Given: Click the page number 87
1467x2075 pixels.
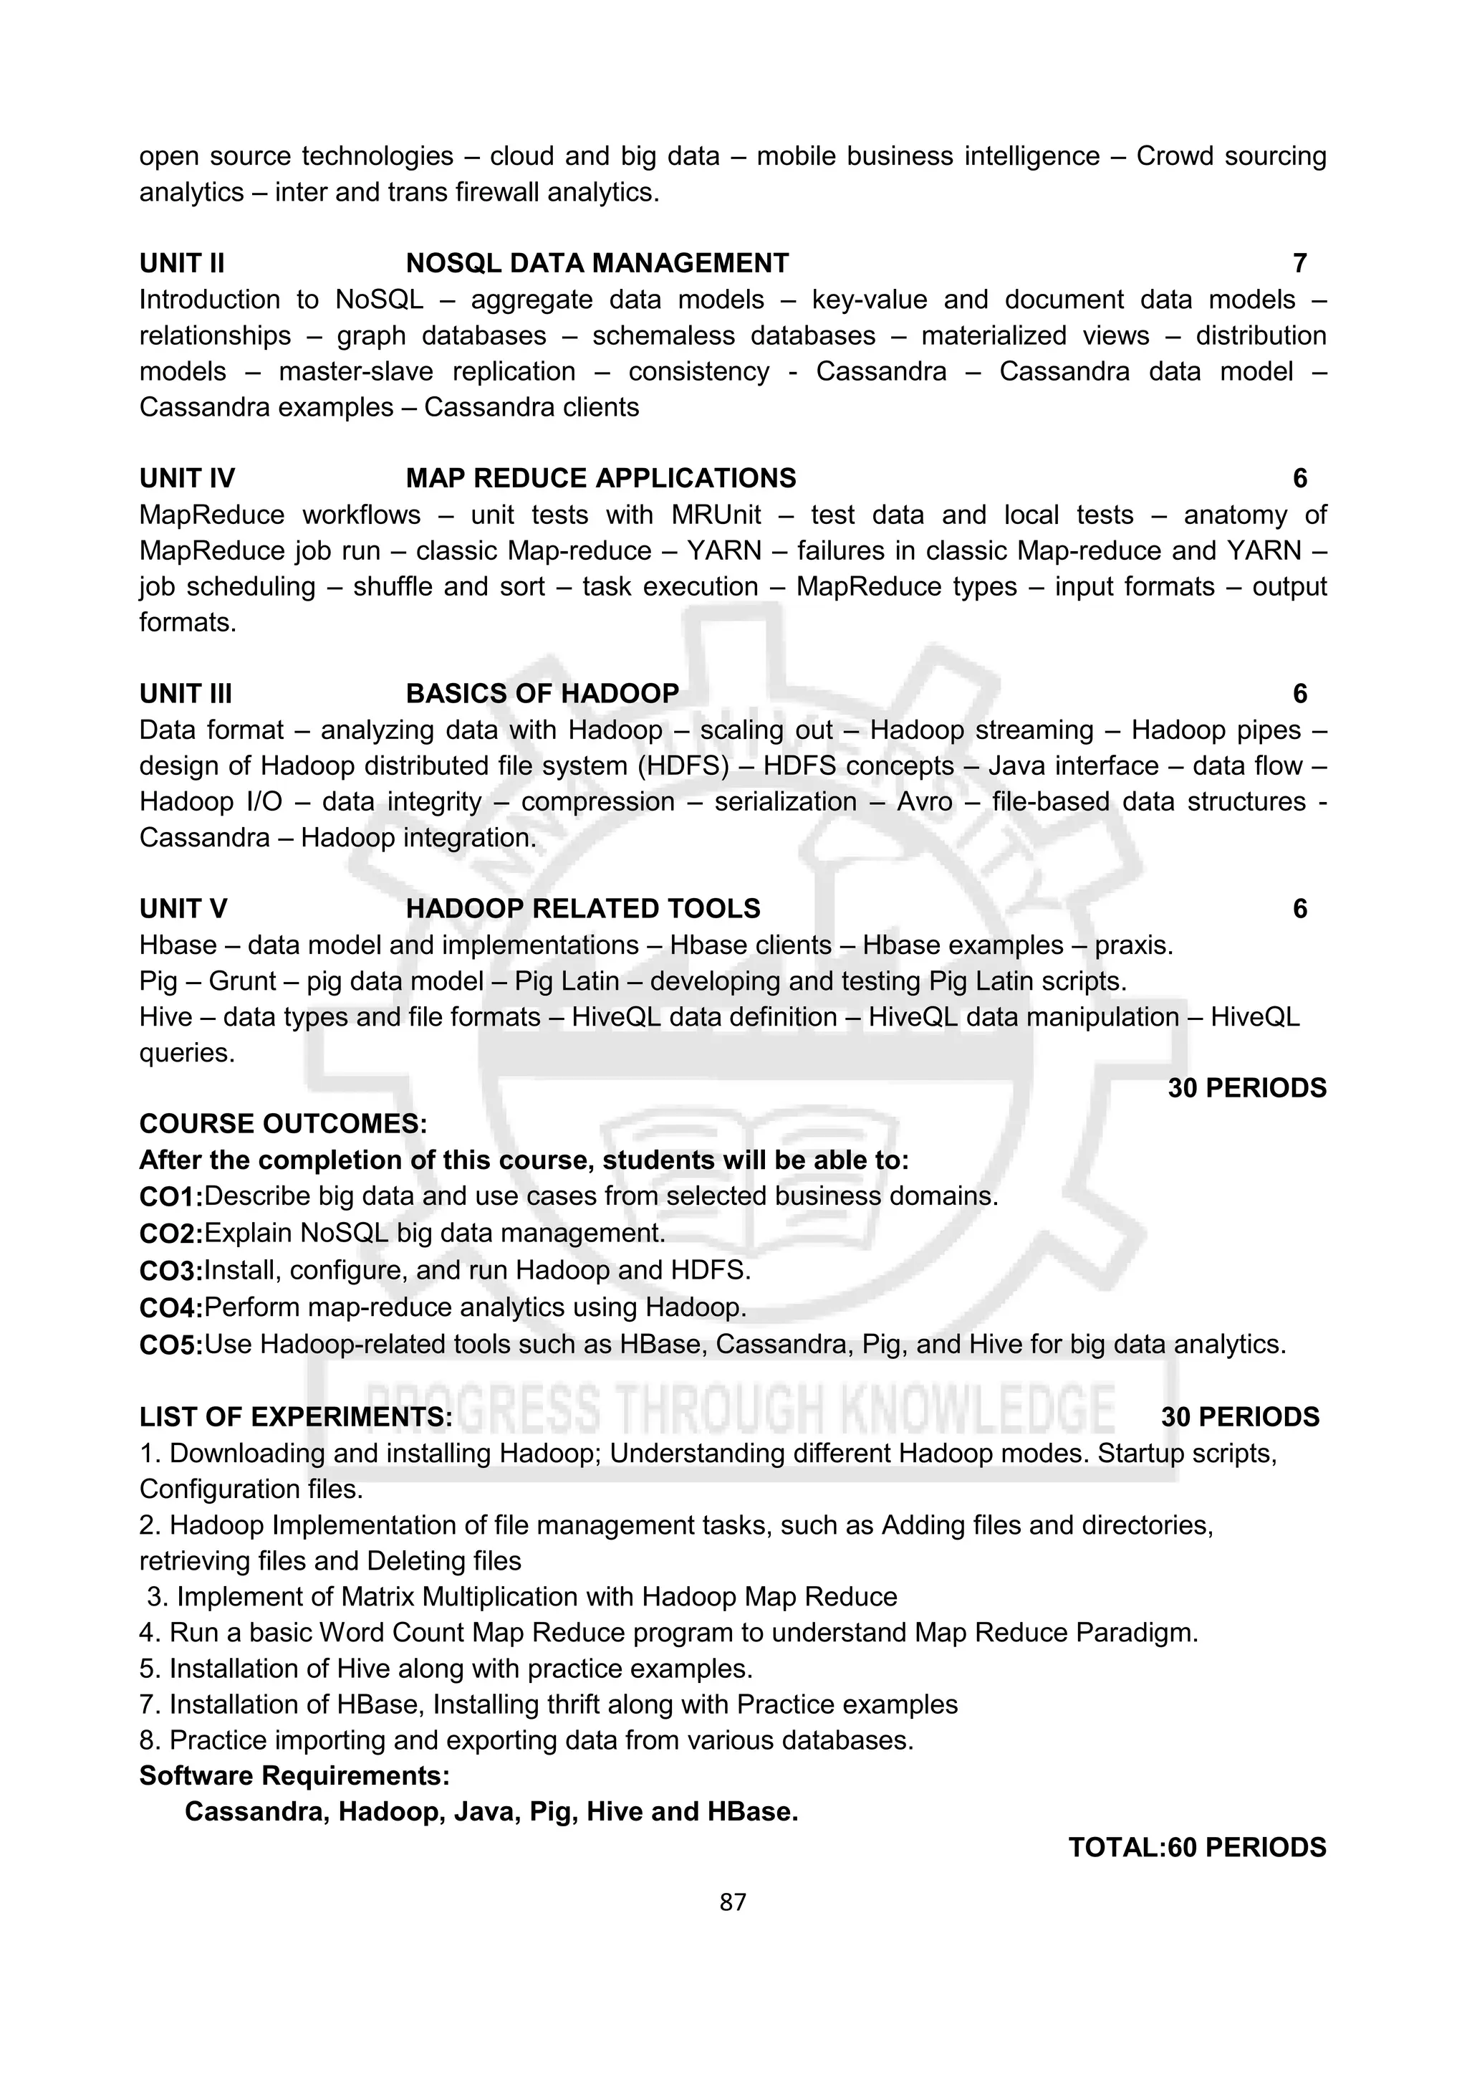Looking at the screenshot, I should tap(733, 1902).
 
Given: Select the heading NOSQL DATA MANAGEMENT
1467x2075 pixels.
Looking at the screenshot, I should tap(597, 263).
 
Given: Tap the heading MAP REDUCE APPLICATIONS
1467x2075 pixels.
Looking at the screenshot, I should tap(601, 478).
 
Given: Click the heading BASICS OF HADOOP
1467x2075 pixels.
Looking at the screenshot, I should tap(542, 693).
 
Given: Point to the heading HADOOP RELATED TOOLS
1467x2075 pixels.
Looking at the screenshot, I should tap(582, 908).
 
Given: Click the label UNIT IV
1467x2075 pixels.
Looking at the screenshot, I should tap(187, 478).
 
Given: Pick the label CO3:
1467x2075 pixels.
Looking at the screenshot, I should tap(170, 1272).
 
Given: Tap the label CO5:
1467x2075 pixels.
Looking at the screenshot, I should tap(170, 1345).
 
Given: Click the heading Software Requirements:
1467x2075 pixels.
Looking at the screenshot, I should tap(294, 1776).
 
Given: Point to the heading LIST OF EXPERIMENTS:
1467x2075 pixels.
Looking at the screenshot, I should tap(295, 1417).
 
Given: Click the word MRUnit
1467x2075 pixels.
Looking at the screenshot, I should tap(716, 515).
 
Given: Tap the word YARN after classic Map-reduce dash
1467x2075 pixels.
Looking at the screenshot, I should tap(723, 550).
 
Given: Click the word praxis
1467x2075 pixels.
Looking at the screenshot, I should tap(1134, 945).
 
